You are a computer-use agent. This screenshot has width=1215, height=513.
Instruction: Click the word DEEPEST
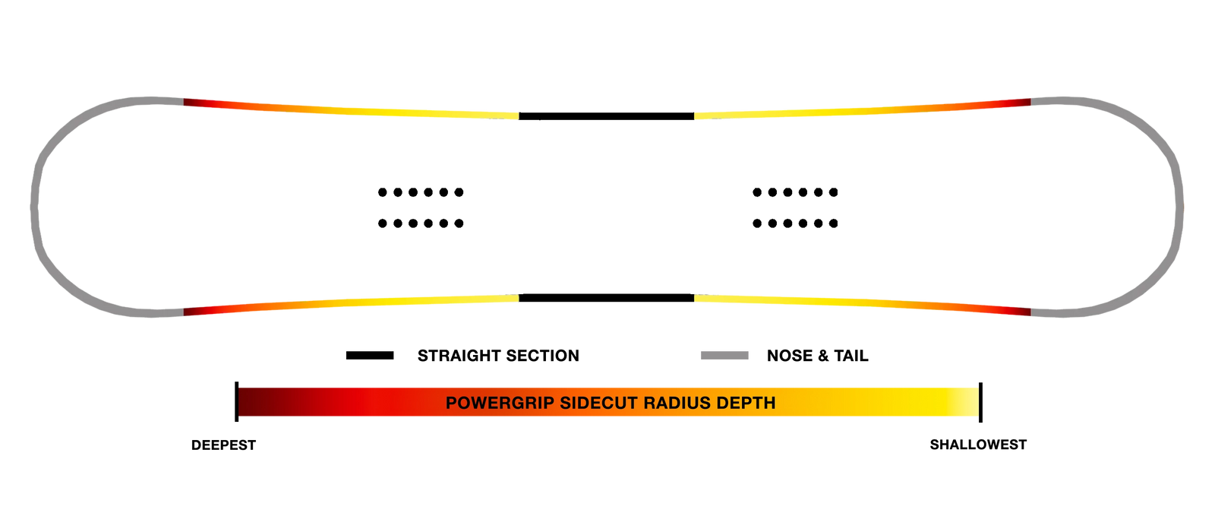(223, 445)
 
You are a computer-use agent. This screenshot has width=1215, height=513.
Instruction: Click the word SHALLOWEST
(978, 445)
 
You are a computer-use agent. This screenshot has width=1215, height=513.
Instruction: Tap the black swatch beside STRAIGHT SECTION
(370, 356)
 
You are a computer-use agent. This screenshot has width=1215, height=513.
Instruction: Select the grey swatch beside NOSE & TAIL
(724, 356)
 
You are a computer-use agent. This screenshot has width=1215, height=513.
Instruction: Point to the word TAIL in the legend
(851, 356)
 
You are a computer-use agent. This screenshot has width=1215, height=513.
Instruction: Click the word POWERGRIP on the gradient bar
(500, 403)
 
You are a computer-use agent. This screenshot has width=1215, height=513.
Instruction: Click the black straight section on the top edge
(607, 116)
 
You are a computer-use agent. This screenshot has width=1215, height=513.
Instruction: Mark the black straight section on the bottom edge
(607, 297)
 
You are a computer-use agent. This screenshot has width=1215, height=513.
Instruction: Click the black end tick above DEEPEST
(236, 402)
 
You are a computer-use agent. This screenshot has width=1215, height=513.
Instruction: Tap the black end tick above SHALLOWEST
(980, 402)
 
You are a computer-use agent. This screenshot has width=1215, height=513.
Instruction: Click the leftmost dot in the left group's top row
(383, 192)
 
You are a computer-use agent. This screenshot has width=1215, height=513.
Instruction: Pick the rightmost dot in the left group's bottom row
(459, 223)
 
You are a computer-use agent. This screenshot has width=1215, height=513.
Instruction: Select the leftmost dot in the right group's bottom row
(757, 223)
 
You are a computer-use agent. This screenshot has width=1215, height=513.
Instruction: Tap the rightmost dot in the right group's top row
(834, 192)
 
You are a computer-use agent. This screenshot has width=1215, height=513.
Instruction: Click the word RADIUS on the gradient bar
(677, 403)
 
